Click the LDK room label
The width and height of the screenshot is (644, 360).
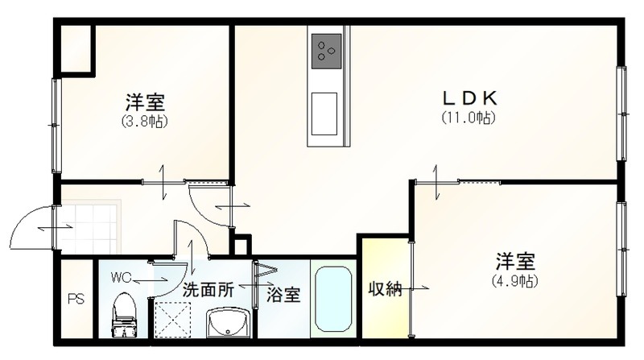(469, 98)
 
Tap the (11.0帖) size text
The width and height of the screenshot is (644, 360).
(469, 118)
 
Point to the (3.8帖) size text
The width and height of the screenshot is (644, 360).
(145, 122)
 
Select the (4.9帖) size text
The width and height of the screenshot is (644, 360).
(514, 281)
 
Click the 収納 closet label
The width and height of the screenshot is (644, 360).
(385, 289)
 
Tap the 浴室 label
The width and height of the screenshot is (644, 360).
(283, 295)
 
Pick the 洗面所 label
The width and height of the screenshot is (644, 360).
(208, 290)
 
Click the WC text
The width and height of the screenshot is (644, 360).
(121, 278)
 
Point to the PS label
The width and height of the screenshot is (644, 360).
(76, 299)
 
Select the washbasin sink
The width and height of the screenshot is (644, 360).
(229, 323)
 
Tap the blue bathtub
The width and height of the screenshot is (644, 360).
(333, 299)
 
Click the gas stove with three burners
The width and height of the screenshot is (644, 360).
(327, 51)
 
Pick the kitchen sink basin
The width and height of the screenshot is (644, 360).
(324, 114)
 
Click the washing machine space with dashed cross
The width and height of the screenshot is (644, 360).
(173, 320)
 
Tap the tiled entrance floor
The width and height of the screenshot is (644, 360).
(90, 227)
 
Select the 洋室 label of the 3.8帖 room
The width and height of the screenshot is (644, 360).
(146, 103)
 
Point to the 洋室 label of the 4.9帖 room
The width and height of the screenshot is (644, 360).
(515, 262)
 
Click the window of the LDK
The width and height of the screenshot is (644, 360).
(622, 113)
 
